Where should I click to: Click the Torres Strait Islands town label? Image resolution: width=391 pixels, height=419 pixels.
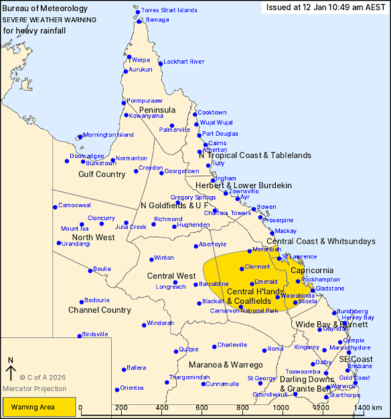pyautogui.click(x=169, y=11)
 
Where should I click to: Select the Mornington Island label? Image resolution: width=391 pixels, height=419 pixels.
pyautogui.click(x=108, y=135)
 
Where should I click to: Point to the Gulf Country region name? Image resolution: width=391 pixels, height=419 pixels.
pyautogui.click(x=102, y=174)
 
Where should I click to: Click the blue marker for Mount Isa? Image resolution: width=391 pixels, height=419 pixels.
pyautogui.click(x=82, y=224)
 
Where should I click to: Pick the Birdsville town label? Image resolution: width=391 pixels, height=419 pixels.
pyautogui.click(x=94, y=334)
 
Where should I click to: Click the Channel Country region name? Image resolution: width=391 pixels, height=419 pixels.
pyautogui.click(x=100, y=310)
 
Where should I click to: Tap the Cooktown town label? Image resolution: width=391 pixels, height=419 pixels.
pyautogui.click(x=212, y=112)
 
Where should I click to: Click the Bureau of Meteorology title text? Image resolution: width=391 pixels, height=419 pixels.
pyautogui.click(x=46, y=8)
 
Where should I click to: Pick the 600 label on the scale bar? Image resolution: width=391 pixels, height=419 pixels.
pyautogui.click(x=201, y=407)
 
